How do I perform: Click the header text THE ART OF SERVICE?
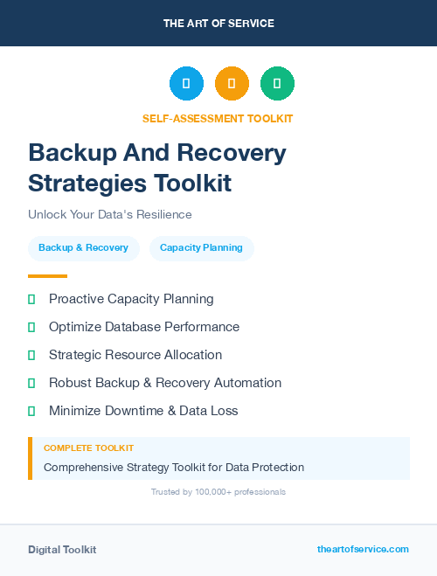click(218, 24)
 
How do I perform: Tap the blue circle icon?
click(186, 83)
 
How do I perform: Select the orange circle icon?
click(232, 83)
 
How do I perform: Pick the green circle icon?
click(277, 83)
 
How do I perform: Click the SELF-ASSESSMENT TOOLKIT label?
click(218, 118)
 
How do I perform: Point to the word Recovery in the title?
click(232, 153)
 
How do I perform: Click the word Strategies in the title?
click(87, 183)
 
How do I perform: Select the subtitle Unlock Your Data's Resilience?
click(109, 214)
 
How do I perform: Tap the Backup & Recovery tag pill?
click(83, 247)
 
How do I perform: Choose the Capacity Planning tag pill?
click(201, 247)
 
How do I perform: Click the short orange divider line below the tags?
click(47, 276)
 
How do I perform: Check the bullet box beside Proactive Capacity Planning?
click(31, 299)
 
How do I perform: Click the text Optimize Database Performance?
click(143, 327)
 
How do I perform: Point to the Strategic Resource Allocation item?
click(135, 355)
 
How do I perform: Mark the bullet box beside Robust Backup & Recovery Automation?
click(31, 383)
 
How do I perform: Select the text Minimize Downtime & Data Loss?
click(143, 411)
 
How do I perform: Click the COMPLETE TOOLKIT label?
click(88, 448)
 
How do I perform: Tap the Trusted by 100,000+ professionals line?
click(218, 492)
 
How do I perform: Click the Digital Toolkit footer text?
click(62, 550)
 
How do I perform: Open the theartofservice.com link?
click(363, 549)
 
